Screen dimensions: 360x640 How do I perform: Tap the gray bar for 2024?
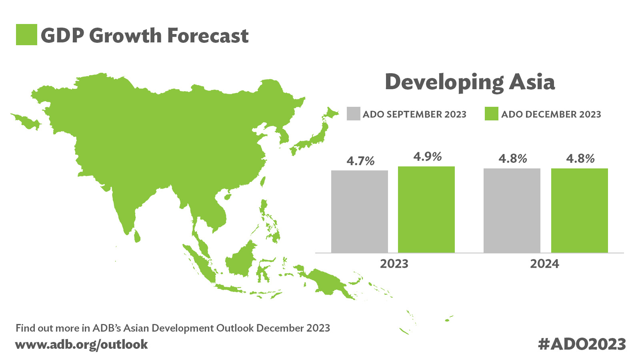512,210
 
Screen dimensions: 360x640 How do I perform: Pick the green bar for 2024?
579,210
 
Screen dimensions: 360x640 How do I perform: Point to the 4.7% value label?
360,161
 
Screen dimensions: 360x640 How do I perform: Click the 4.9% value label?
427,157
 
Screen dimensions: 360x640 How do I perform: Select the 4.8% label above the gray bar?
512,159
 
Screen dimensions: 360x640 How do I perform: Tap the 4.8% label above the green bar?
580,159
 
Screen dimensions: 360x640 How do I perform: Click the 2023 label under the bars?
394,264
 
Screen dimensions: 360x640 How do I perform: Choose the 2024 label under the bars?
544,264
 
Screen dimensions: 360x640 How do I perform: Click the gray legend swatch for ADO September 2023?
354,114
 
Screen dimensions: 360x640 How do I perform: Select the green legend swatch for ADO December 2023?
491,114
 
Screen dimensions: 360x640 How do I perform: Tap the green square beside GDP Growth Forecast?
26,35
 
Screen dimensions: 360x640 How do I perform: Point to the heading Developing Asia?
470,82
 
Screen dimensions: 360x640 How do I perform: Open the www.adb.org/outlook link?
82,344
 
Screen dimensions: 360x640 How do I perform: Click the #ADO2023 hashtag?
582,344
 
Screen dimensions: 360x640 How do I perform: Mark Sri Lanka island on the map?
137,236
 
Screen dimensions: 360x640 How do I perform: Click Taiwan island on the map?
263,182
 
